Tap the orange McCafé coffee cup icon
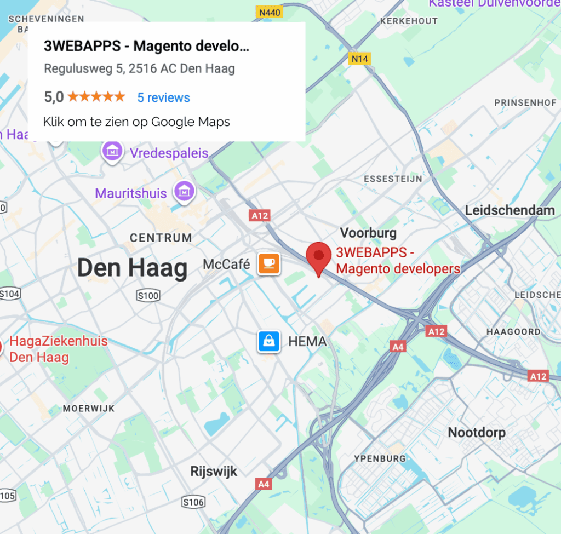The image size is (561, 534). (269, 264)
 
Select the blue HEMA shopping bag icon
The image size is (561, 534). (269, 342)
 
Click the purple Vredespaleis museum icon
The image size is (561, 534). (112, 151)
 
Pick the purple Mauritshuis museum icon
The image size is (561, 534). (185, 191)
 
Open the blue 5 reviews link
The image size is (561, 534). (163, 97)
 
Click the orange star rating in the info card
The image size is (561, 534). (96, 97)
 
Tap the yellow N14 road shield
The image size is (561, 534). (359, 58)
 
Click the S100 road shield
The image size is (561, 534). (148, 296)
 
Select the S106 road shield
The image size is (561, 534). (193, 502)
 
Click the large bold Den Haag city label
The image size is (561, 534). (132, 268)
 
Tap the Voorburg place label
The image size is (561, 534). (368, 233)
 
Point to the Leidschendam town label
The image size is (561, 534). (510, 210)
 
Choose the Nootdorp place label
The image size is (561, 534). (477, 433)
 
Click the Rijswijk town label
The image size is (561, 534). (214, 471)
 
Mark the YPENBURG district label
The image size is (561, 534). (380, 458)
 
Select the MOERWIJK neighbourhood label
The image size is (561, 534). (89, 409)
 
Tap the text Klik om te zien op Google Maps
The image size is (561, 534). (136, 122)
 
